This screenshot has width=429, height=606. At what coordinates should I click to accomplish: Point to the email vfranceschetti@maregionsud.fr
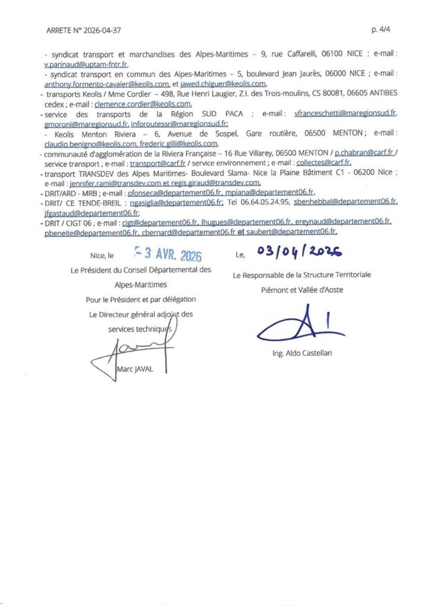(x=345, y=113)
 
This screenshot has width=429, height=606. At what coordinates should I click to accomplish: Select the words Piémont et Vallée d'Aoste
(x=302, y=290)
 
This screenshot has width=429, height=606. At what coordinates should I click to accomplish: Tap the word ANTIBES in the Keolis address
(x=380, y=94)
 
